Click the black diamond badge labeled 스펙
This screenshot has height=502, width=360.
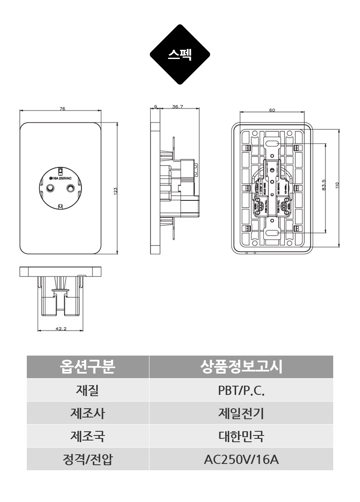(180, 54)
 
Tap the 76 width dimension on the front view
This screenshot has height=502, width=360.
(62, 109)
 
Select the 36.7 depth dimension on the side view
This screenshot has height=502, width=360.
(177, 107)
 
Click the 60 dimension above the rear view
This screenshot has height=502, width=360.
(272, 110)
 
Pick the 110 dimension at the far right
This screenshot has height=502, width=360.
(337, 184)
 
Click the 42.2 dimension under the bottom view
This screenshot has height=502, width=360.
(61, 329)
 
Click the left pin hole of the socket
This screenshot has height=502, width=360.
(51, 189)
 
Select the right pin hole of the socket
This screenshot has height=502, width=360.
(69, 189)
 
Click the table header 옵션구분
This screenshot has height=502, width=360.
(87, 367)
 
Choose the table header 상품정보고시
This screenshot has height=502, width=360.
(241, 367)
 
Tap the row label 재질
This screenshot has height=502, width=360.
(87, 390)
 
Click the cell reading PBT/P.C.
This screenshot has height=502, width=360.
(241, 390)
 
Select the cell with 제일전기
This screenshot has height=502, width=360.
(241, 413)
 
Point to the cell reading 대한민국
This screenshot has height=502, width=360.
(241, 436)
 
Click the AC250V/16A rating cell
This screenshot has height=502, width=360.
(241, 459)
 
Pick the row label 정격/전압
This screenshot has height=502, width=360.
(87, 459)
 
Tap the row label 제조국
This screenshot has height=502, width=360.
(87, 436)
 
